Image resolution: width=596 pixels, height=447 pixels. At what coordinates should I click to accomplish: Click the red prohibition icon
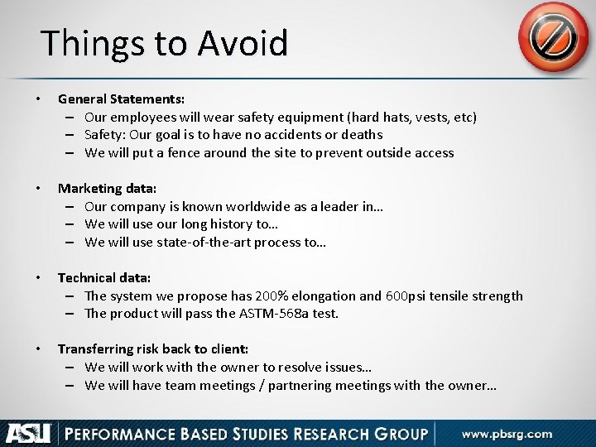point(553,37)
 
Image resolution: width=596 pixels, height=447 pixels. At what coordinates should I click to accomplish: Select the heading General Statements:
point(121,99)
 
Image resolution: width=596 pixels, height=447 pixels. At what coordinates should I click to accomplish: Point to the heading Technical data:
point(104,277)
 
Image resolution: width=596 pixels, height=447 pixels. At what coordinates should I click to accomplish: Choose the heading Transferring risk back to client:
point(152,348)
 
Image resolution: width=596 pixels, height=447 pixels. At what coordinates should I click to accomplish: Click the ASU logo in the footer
point(29,433)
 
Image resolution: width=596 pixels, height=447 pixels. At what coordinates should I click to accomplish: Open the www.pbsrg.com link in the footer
point(507,433)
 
